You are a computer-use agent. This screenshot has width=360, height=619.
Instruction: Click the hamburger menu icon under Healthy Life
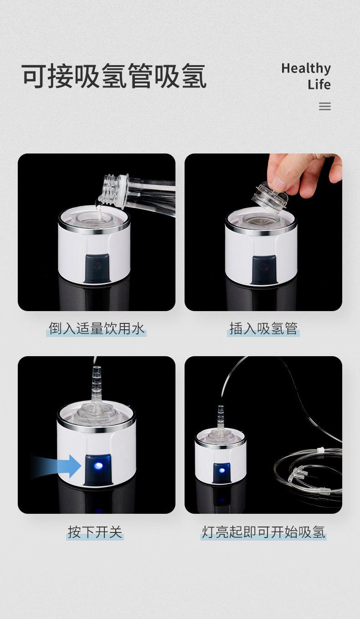click(x=324, y=106)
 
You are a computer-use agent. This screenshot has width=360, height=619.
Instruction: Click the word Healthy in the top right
click(x=306, y=68)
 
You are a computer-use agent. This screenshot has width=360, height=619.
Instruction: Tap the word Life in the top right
click(x=319, y=84)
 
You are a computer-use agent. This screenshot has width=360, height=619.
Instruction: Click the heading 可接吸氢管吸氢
click(x=114, y=76)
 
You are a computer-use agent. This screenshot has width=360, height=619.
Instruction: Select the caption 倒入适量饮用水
click(x=97, y=328)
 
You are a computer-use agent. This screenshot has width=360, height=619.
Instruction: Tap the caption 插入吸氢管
click(x=263, y=328)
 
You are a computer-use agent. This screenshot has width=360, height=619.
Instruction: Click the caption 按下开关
click(x=95, y=532)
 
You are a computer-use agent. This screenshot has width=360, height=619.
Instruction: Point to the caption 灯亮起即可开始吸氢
click(x=263, y=532)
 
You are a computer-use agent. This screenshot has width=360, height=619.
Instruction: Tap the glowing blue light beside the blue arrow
click(x=98, y=466)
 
